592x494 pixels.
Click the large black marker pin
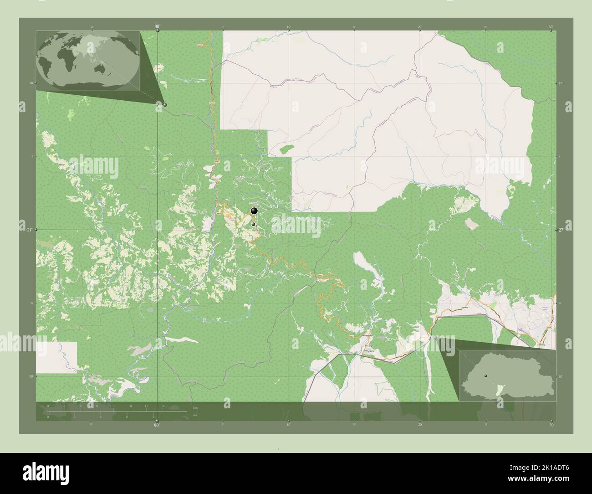coord(254,211)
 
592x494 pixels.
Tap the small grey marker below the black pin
coord(253,224)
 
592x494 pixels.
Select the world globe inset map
coord(88,61)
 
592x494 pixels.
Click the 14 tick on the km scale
coord(163,405)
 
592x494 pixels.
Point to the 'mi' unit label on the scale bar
coord(194,416)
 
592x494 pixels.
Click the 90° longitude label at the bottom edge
coord(157,426)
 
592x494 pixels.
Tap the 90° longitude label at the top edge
coord(157,27)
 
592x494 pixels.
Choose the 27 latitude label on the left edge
coord(29,230)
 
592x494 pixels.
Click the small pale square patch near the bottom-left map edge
coord(56,357)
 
